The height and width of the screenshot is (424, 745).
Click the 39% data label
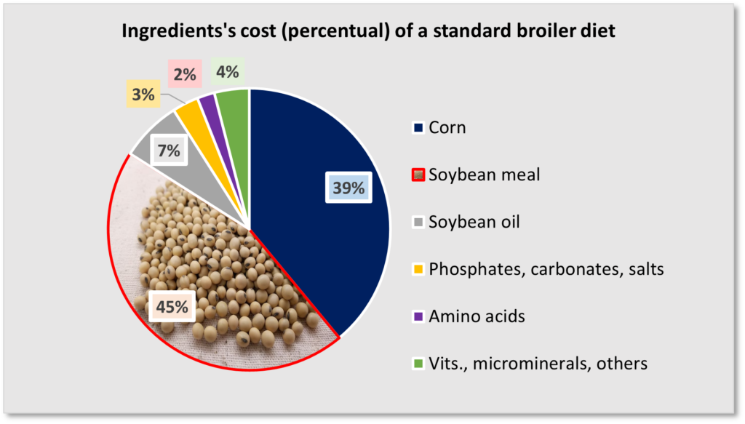pos(348,188)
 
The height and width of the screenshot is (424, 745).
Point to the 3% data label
pos(143,94)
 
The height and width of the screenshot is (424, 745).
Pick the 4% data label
pos(226,73)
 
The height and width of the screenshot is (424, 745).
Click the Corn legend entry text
pos(447,128)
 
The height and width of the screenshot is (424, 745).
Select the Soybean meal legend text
pos(485,175)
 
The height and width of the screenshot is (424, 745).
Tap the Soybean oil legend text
pos(474,222)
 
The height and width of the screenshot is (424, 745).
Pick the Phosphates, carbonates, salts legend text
pos(546,269)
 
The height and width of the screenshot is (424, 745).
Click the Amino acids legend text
pos(477,316)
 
